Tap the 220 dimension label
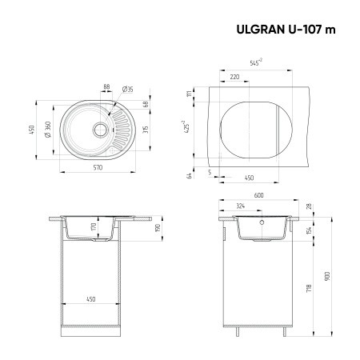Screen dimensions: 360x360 [234, 77]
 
